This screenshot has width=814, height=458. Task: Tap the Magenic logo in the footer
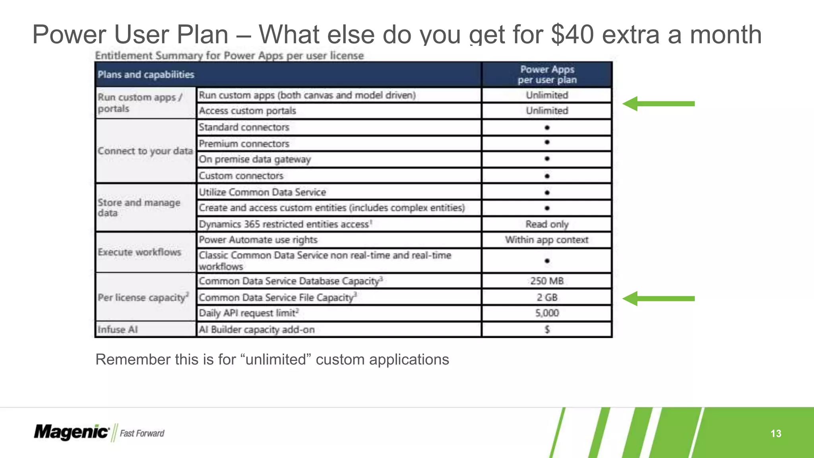click(x=71, y=432)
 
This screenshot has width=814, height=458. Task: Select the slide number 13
click(x=775, y=433)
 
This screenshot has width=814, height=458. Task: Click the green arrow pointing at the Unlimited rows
click(x=658, y=104)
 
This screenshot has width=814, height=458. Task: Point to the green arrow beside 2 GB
click(x=658, y=299)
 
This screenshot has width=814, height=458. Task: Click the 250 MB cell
click(x=547, y=281)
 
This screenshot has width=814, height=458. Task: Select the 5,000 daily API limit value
click(x=547, y=313)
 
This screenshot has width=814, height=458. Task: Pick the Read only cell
click(x=547, y=224)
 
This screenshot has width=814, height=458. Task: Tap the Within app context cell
click(x=547, y=240)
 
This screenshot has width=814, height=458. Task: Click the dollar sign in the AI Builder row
click(x=547, y=329)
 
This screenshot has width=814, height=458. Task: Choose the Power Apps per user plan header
click(x=547, y=75)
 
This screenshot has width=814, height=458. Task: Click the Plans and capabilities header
click(x=146, y=75)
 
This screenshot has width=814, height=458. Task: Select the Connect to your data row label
click(x=145, y=151)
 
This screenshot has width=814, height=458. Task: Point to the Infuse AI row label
click(x=118, y=330)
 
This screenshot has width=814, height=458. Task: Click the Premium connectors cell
click(x=244, y=144)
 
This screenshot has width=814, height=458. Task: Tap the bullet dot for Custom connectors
click(x=547, y=176)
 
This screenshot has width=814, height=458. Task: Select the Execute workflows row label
click(x=140, y=252)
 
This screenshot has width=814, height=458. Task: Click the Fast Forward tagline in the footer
click(x=142, y=433)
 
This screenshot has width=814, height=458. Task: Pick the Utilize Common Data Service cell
click(x=262, y=192)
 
